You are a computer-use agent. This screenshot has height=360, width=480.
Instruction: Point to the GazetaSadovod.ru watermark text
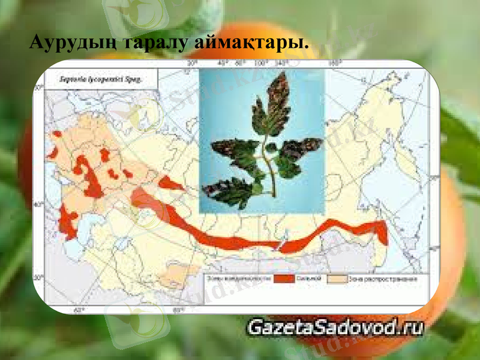(x=336, y=328)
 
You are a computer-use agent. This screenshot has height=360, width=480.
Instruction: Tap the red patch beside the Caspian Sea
(x=67, y=226)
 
